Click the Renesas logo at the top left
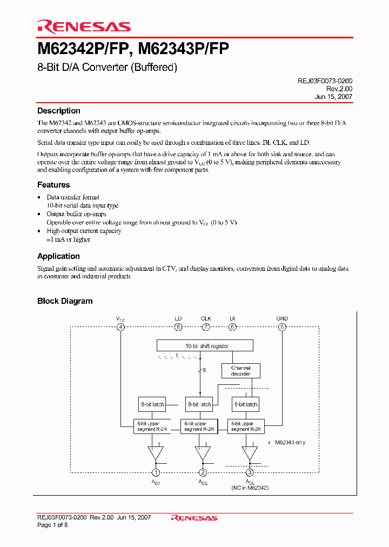84,26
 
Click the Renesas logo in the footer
194,518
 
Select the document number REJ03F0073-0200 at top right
325,81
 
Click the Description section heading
58,111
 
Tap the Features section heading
53,185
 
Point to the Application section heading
58,256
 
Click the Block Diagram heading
65,301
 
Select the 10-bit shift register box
205,346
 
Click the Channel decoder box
241,371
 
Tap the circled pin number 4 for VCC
120,327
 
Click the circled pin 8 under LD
178,327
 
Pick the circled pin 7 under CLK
206,327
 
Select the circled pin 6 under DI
232,327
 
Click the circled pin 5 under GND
281,327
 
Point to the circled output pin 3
250,472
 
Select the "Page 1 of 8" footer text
52,525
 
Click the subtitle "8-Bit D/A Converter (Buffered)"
107,68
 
